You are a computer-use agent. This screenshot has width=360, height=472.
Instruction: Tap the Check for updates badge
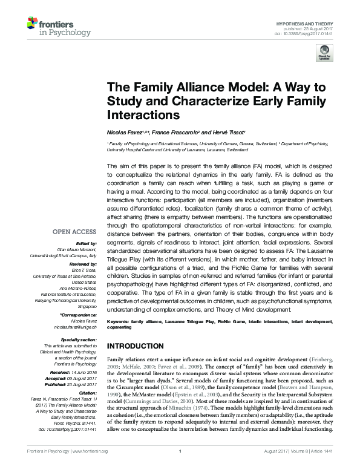tap(326, 53)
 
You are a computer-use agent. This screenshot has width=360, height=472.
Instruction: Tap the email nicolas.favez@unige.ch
tap(76, 326)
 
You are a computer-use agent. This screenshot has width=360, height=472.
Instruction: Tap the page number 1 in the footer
tap(180, 467)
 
